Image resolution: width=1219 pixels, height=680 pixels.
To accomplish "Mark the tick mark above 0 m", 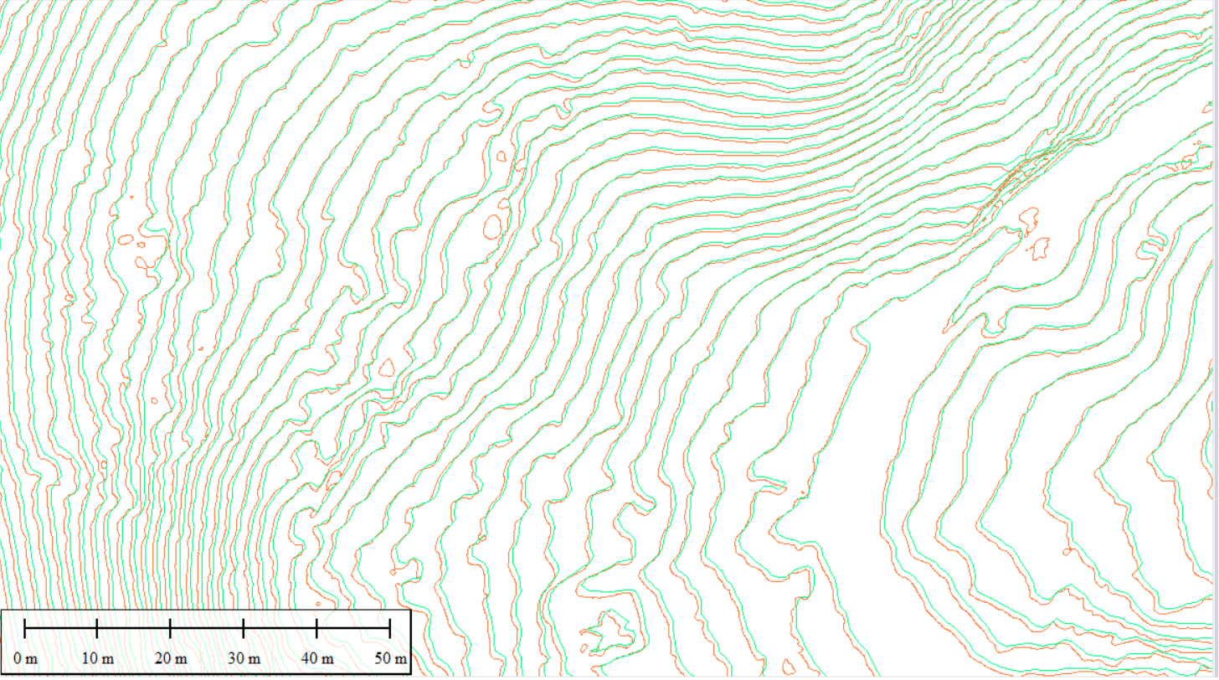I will pyautogui.click(x=25, y=627).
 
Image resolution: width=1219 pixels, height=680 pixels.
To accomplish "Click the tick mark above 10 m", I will pyautogui.click(x=97, y=627).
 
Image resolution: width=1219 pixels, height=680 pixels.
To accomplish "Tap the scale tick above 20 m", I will pyautogui.click(x=170, y=627).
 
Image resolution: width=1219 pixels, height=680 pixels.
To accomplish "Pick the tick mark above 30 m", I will pyautogui.click(x=243, y=627).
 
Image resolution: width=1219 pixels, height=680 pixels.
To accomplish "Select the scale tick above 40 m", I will pyautogui.click(x=316, y=627).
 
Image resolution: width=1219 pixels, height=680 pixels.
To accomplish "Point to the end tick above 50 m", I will pyautogui.click(x=389, y=627).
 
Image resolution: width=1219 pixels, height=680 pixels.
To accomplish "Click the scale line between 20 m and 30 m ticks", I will pyautogui.click(x=207, y=627).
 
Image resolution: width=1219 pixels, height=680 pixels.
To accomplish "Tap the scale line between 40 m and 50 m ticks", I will pyautogui.click(x=352, y=627).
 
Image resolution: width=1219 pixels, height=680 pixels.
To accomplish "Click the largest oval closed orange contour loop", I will pyautogui.click(x=492, y=227).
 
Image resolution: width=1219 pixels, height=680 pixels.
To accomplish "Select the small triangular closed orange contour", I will pyautogui.click(x=386, y=367).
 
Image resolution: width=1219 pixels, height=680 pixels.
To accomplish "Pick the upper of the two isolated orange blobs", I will pyautogui.click(x=1029, y=220).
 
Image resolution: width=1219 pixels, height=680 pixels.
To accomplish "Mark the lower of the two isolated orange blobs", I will pyautogui.click(x=1040, y=249).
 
